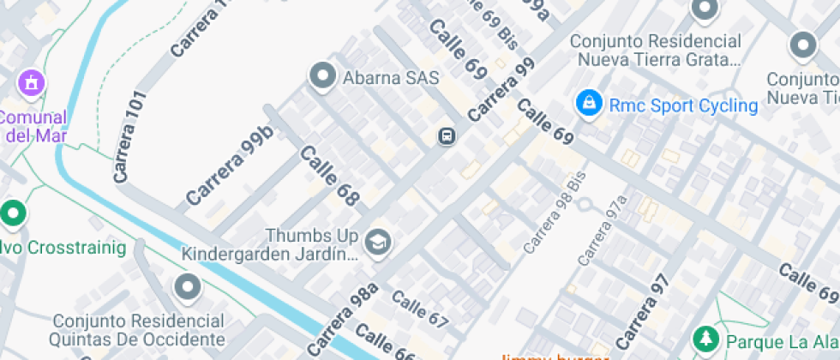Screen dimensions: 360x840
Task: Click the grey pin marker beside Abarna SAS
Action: pos(323,76)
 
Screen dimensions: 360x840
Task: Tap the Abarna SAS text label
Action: pos(391,78)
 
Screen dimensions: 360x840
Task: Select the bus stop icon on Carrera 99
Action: pos(447,135)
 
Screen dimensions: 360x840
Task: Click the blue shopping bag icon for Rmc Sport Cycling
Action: pos(588,104)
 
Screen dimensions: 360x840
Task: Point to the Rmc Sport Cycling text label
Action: pos(683,105)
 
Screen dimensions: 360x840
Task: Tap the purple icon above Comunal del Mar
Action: pos(33,83)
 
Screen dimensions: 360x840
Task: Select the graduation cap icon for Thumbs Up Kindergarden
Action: pos(377,243)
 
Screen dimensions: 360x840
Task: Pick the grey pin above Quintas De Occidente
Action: pos(188,288)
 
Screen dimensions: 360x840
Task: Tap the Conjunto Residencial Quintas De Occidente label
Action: pos(139,330)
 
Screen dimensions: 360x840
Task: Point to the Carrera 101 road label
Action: pos(129,135)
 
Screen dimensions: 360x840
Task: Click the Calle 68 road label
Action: pos(329,175)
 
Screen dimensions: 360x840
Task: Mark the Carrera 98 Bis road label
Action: pos(553,214)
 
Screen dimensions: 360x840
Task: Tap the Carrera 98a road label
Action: pos(342,319)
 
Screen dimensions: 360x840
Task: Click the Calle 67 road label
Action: pos(420,310)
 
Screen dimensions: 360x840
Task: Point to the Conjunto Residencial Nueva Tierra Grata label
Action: pos(656,51)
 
